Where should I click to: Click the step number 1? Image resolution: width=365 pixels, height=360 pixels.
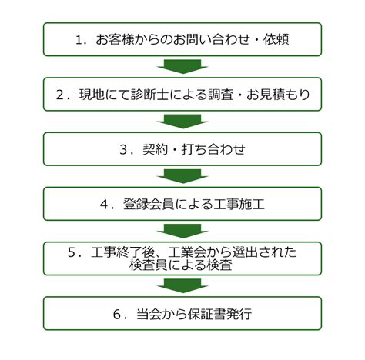[x=79, y=40]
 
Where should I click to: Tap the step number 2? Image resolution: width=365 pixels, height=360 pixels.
[x=59, y=95]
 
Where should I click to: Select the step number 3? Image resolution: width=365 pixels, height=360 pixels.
[x=123, y=150]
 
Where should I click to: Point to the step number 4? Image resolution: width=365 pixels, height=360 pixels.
[x=104, y=205]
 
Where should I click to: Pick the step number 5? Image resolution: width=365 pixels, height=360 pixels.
[x=72, y=252]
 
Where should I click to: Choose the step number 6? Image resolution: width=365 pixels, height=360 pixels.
[x=117, y=315]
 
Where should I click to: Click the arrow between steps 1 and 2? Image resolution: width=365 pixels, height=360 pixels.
[x=182, y=67]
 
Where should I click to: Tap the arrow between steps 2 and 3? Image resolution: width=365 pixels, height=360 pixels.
[x=182, y=122]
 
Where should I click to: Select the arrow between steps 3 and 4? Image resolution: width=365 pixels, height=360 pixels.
[x=182, y=176]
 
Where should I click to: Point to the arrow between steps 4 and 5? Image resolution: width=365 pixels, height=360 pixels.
[x=182, y=232]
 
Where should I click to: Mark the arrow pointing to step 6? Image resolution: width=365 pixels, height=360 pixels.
[x=182, y=286]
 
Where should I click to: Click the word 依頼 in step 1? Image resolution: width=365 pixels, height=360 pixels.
[x=276, y=40]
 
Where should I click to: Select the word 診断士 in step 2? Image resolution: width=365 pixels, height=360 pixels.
[x=149, y=95]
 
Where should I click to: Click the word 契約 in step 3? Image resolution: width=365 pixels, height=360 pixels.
[x=156, y=150]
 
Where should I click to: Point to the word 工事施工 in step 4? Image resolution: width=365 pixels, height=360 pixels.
[x=239, y=205]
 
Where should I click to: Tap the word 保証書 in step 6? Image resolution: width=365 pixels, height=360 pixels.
[x=206, y=315]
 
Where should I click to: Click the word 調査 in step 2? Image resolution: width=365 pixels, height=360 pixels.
[x=220, y=95]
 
